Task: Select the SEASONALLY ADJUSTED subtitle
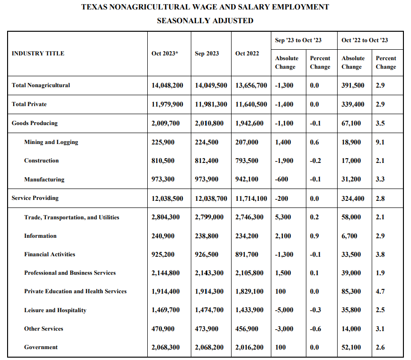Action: pos(205,21)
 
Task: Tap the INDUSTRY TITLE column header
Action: pos(38,54)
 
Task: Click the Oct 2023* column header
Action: pos(165,54)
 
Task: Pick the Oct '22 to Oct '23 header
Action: pos(365,40)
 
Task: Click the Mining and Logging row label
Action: pos(51,142)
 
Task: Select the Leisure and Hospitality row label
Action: pos(55,310)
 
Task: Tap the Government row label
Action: pos(41,347)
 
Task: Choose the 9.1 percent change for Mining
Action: pos(380,142)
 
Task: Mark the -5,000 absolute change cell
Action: pos(284,310)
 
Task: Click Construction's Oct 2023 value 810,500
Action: pos(163,161)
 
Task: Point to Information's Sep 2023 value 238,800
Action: pos(206,236)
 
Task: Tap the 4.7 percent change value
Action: pos(380,291)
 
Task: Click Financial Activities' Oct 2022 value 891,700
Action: pos(247,254)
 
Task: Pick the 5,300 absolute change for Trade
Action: pos(283,217)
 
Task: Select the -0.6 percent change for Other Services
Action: pos(315,329)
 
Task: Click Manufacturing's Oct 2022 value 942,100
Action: pos(247,180)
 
